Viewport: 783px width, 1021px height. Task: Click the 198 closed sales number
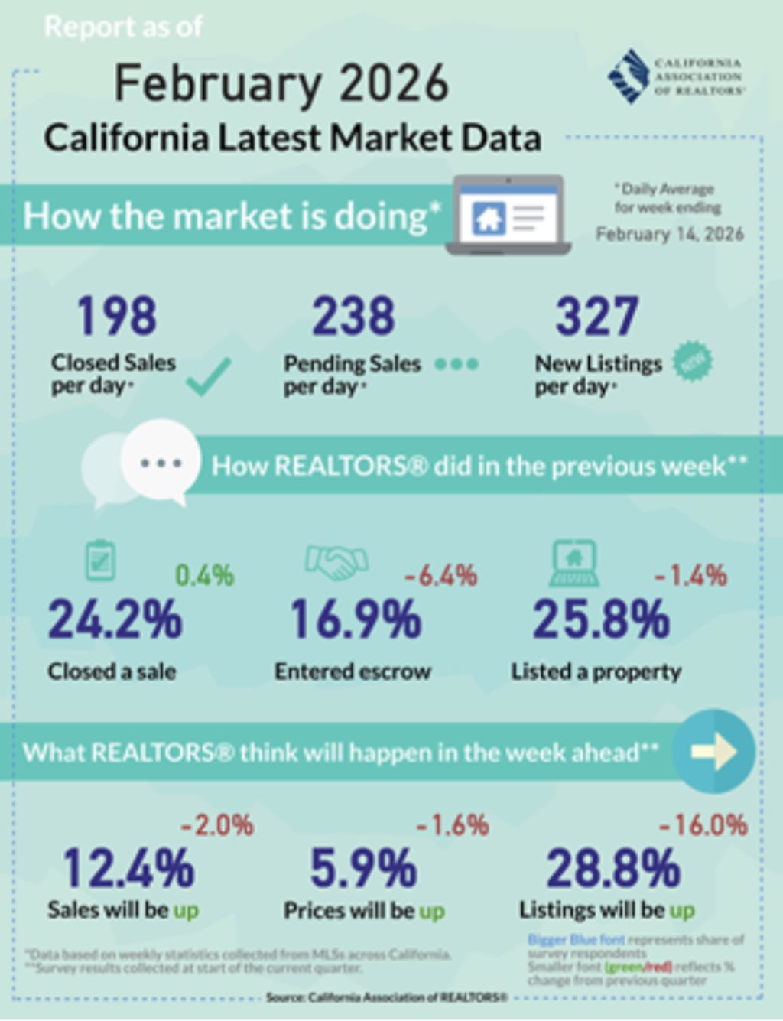(116, 316)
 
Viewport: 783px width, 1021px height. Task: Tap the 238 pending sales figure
(353, 316)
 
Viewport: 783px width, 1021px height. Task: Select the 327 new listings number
(596, 316)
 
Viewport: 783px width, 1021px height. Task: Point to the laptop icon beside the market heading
(508, 216)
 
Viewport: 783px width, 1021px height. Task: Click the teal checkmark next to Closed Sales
(208, 376)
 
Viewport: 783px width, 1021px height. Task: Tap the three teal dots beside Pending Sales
(456, 364)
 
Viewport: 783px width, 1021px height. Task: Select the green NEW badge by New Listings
(693, 362)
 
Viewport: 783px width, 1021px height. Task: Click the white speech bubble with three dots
(160, 461)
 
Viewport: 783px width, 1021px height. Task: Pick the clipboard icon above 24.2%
(100, 561)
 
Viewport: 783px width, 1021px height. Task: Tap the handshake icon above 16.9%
(336, 563)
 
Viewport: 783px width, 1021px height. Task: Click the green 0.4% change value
(204, 575)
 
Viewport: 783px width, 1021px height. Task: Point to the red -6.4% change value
(440, 575)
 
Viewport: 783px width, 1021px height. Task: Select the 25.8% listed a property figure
(601, 619)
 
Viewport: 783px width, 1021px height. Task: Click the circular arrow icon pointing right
(714, 751)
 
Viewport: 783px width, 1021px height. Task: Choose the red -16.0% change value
(703, 825)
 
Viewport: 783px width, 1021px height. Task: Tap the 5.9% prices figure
(363, 868)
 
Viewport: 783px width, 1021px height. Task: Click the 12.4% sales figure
(128, 868)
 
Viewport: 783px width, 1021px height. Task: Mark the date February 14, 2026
(669, 234)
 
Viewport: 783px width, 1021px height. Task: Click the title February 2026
(281, 83)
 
